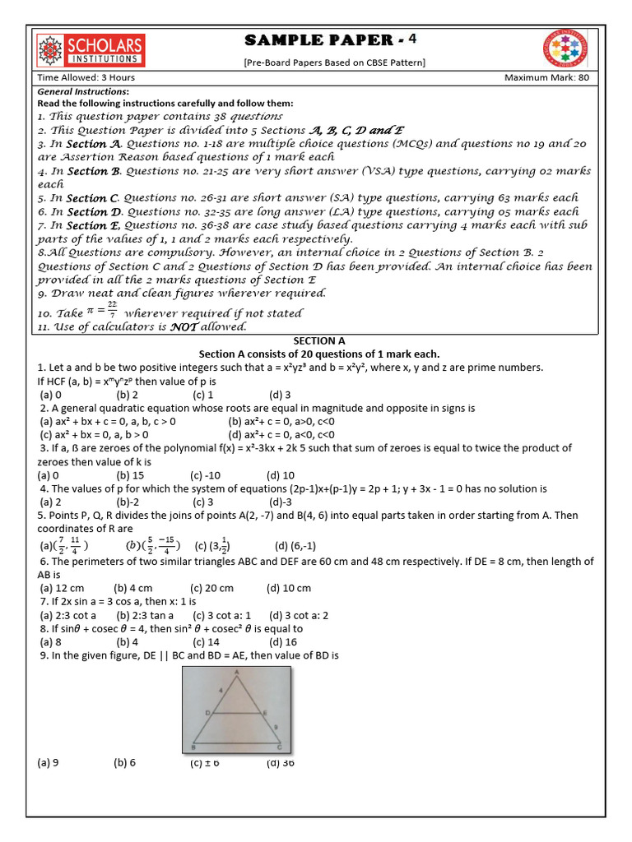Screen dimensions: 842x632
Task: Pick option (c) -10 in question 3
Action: tap(207, 475)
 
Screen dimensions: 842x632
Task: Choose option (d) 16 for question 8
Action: tap(281, 642)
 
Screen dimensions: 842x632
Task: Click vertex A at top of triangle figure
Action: tap(237, 672)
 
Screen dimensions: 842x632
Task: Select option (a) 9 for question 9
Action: tap(49, 762)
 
